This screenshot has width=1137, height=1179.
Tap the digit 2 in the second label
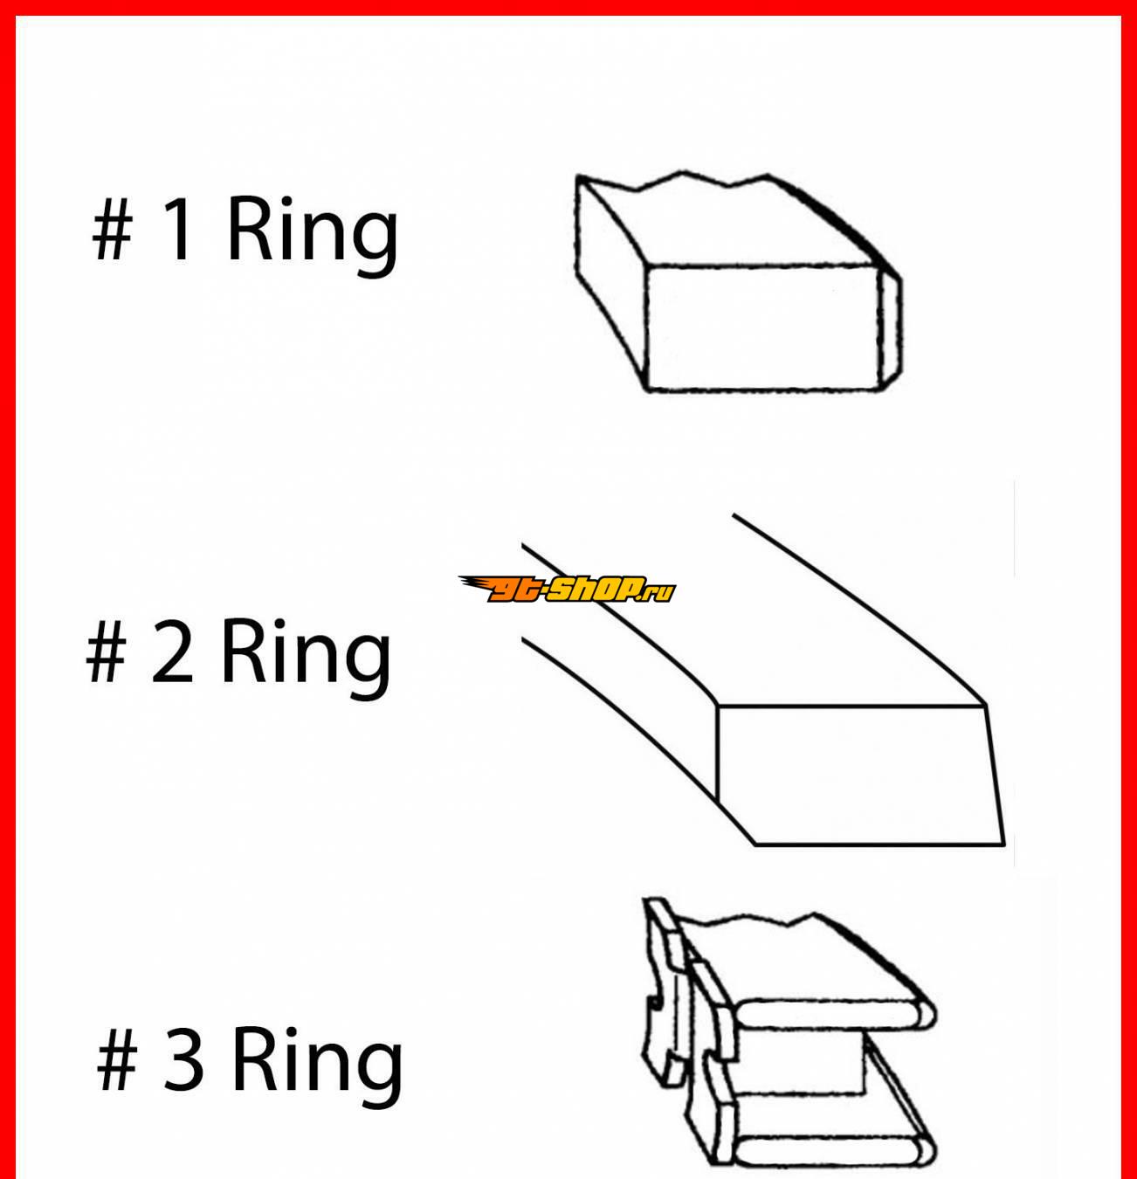(x=173, y=652)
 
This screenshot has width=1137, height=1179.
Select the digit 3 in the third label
(x=183, y=1059)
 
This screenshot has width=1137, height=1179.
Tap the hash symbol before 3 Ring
(x=117, y=1060)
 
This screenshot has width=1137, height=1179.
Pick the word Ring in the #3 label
(x=317, y=1067)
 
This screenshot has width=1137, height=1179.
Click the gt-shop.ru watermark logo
(x=568, y=589)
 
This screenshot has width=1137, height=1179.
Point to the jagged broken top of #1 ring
(x=673, y=181)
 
